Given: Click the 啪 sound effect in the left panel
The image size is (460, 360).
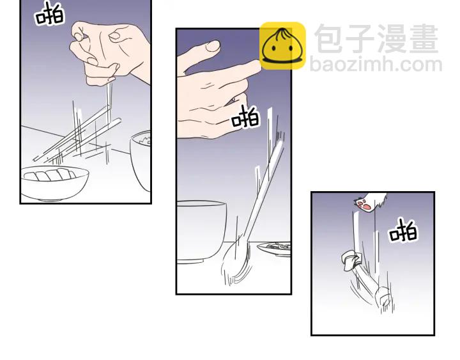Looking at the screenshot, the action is (x=49, y=14).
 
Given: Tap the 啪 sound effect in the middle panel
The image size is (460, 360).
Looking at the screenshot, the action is (x=245, y=117).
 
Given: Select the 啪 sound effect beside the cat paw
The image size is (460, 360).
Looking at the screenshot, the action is (x=403, y=231).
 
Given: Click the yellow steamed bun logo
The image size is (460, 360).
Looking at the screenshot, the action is (x=282, y=46).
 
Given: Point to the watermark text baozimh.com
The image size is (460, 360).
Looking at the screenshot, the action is (x=376, y=65).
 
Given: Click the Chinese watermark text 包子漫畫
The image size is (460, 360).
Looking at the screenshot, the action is (x=376, y=39).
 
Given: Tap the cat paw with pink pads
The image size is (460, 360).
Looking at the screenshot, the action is (x=370, y=201).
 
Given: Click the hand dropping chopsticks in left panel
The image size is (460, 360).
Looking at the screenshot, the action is (x=110, y=53).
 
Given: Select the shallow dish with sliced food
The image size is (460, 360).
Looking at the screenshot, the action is (x=54, y=183).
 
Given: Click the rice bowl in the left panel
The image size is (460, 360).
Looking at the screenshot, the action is (x=141, y=160).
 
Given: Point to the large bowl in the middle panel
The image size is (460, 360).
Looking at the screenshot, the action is (x=201, y=231).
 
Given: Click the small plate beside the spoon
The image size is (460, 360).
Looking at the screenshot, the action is (x=274, y=249).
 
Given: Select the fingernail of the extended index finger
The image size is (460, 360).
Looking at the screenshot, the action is (x=213, y=45).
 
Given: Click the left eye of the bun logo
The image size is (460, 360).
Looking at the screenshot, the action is (x=273, y=49).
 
